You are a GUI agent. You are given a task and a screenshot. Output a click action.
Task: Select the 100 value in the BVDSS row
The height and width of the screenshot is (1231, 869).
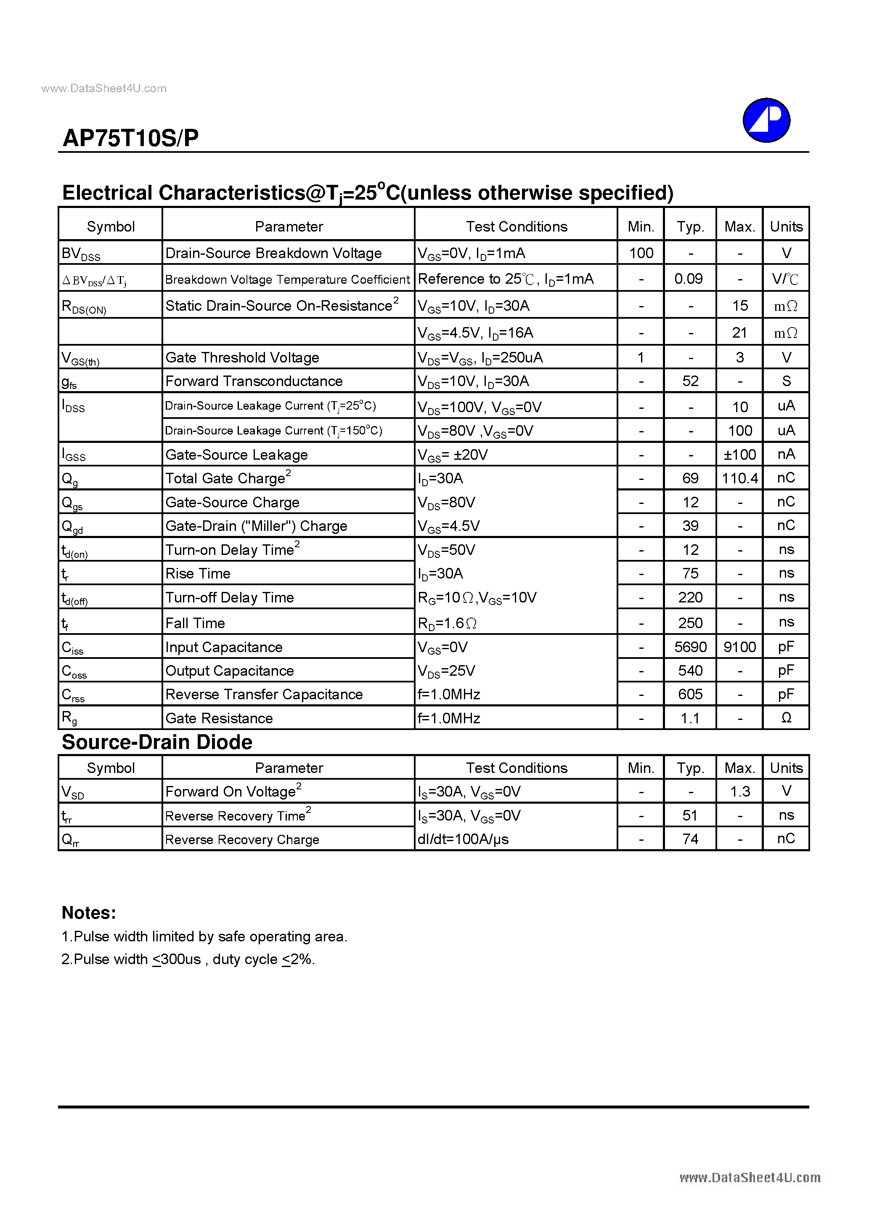(641, 253)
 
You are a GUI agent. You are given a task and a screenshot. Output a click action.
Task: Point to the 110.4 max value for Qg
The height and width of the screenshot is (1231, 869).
(739, 478)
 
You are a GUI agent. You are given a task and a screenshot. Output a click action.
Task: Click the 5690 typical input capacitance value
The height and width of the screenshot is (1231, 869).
(690, 647)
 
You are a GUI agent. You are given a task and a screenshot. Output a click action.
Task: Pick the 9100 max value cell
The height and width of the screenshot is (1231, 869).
(739, 647)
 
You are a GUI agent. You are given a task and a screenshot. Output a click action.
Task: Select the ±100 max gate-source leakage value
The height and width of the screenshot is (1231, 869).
(739, 455)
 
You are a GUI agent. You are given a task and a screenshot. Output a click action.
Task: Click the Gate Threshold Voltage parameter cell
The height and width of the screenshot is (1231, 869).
(242, 357)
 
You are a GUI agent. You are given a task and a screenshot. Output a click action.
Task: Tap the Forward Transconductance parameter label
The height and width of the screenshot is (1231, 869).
(254, 381)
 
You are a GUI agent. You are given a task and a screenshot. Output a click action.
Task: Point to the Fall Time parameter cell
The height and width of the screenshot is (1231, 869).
(195, 623)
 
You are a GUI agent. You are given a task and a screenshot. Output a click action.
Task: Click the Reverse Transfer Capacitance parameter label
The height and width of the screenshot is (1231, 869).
(264, 694)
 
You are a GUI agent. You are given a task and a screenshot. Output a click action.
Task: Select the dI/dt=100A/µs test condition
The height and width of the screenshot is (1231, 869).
(463, 839)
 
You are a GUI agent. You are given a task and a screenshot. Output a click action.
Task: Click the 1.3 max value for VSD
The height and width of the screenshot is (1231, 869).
(740, 791)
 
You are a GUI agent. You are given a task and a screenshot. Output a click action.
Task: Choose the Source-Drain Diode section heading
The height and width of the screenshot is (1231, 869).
(157, 742)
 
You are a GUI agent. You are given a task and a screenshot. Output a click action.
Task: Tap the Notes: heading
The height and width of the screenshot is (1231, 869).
(89, 913)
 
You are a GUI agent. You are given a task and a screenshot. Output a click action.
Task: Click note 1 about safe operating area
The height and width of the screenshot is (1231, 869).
(204, 937)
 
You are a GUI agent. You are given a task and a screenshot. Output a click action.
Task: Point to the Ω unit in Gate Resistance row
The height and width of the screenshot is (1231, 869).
(786, 718)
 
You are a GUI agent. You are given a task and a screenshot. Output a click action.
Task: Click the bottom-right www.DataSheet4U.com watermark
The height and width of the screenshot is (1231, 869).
(750, 1178)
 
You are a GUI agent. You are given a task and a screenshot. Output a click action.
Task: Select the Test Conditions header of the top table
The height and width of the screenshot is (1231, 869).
(517, 227)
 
